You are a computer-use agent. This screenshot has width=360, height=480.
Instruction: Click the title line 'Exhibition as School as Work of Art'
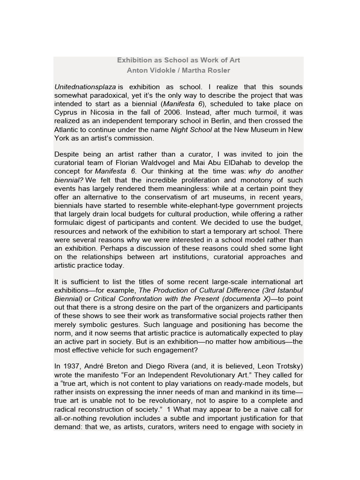(x=178, y=60)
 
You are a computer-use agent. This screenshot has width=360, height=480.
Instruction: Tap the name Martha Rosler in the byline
(x=207, y=70)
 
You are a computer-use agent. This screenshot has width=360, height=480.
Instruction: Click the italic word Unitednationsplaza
(x=85, y=87)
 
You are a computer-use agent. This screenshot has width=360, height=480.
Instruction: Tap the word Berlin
(x=217, y=121)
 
